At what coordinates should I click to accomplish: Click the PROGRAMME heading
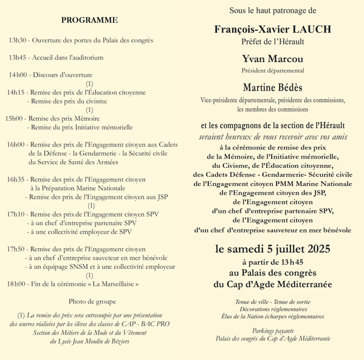pos(89,20)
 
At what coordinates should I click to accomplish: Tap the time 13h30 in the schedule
pos(18,41)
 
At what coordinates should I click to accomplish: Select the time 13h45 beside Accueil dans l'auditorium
pos(18,58)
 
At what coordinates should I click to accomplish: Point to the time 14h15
pos(16,92)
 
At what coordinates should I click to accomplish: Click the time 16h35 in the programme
pos(17,179)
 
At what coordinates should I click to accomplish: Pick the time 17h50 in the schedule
pos(17,249)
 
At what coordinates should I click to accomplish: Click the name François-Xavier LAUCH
pos(273,29)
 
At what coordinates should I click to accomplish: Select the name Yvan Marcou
pos(273,59)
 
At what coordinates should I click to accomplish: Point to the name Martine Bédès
pos(273,88)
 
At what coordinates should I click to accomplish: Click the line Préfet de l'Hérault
pos(273,41)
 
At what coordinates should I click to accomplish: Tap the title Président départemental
pos(273,71)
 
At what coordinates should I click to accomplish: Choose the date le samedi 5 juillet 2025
pos(273,249)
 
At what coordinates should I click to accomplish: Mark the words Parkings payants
pos(273,330)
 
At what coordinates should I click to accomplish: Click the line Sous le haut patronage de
pos(273,11)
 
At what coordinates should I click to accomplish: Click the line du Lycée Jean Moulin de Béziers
pos(89,341)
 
